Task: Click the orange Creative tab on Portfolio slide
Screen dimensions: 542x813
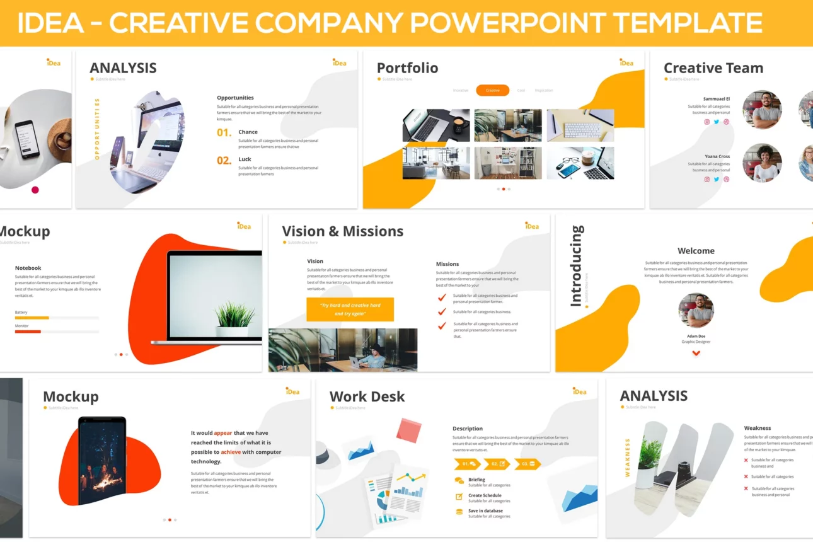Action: [x=492, y=91]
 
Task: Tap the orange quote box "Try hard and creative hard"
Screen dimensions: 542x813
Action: [x=350, y=309]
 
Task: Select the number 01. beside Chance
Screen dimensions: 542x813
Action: [x=224, y=133]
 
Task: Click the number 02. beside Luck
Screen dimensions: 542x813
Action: [x=224, y=161]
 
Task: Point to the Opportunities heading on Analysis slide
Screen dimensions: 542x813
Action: [x=235, y=98]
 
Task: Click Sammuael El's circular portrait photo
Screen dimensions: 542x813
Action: [x=761, y=110]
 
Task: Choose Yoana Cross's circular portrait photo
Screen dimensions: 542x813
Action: [x=761, y=163]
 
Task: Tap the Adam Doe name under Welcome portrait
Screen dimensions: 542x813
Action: [x=696, y=337]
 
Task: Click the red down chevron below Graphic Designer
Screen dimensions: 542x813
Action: [x=696, y=353]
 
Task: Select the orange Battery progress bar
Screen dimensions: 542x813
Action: [x=32, y=318]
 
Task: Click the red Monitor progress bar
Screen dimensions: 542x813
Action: [x=28, y=332]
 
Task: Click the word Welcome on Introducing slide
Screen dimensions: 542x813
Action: [x=696, y=251]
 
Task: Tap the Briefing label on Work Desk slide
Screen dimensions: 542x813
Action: [x=476, y=480]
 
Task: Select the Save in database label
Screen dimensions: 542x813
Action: [x=485, y=510]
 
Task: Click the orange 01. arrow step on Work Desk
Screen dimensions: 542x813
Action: [x=468, y=464]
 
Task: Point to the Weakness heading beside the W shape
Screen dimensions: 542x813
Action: [x=757, y=428]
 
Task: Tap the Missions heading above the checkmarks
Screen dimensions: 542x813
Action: [x=447, y=264]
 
